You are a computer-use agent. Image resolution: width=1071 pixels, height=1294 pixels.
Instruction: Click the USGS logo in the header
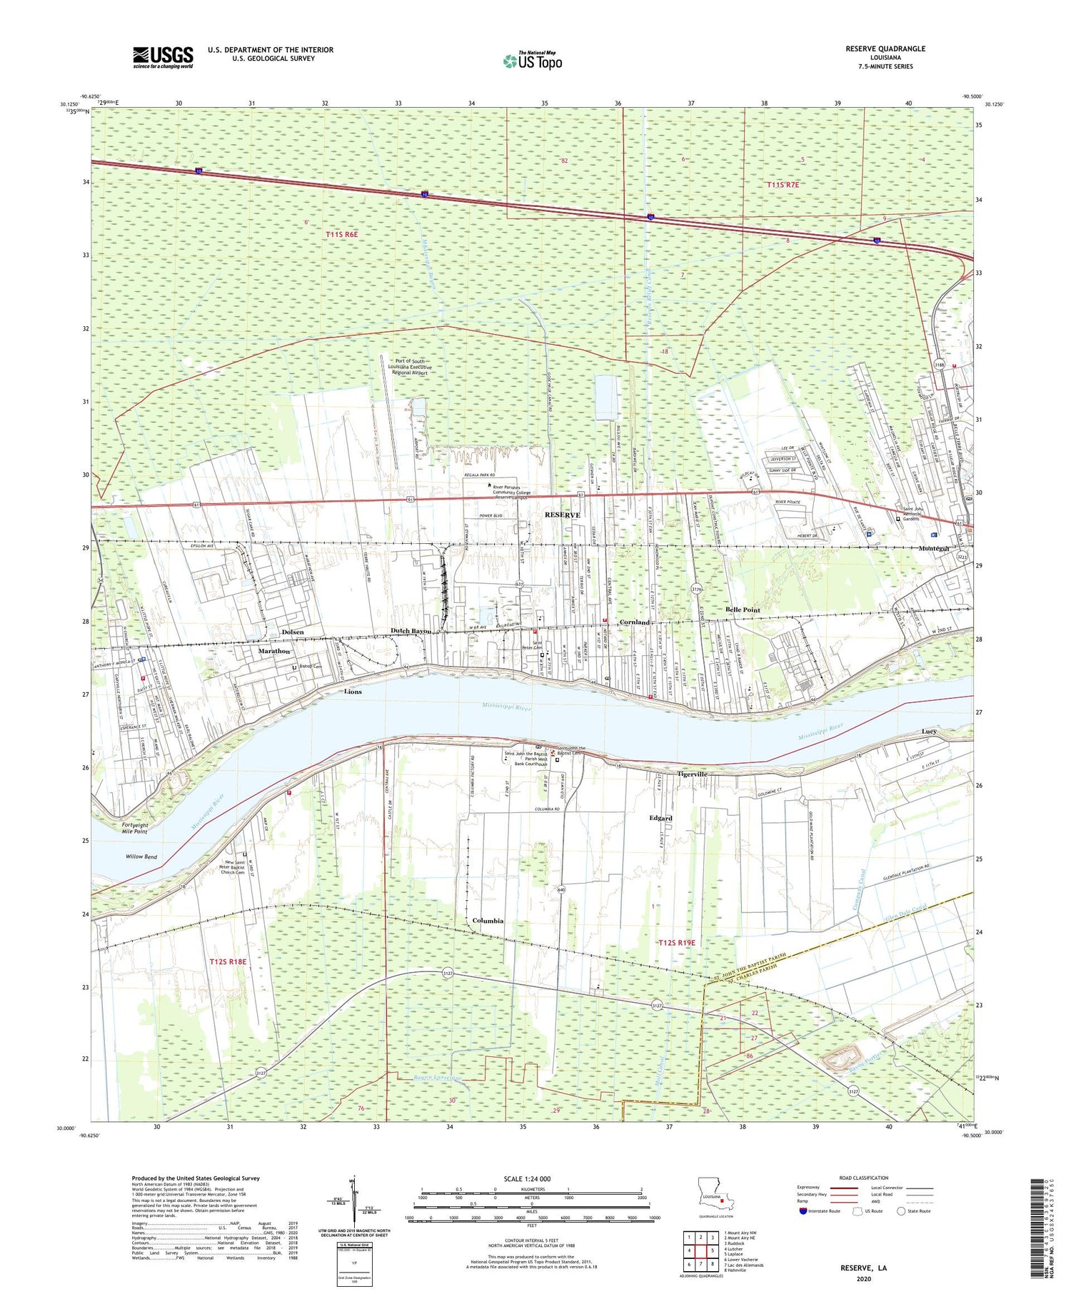pyautogui.click(x=163, y=57)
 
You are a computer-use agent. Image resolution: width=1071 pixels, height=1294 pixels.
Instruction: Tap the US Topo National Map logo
pyautogui.click(x=533, y=61)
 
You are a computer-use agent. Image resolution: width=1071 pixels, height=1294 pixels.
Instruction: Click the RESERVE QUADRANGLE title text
pyautogui.click(x=885, y=49)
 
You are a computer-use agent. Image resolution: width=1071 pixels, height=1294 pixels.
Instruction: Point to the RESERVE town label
pyautogui.click(x=563, y=515)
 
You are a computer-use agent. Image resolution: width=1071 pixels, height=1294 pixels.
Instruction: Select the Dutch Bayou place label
pyautogui.click(x=411, y=631)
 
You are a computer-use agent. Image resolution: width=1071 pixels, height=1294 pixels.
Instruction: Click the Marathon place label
pyautogui.click(x=274, y=651)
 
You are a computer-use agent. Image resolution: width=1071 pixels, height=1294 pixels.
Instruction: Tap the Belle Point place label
pyautogui.click(x=743, y=610)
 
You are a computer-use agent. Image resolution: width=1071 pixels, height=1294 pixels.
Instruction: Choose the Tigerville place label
pyautogui.click(x=692, y=774)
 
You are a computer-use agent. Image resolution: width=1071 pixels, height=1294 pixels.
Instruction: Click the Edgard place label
pyautogui.click(x=660, y=818)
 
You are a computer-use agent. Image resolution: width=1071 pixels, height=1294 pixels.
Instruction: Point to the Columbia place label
pyautogui.click(x=488, y=921)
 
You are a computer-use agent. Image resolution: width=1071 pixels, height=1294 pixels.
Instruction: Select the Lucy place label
pyautogui.click(x=929, y=732)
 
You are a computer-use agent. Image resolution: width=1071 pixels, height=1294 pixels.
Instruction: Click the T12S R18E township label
pyautogui.click(x=228, y=961)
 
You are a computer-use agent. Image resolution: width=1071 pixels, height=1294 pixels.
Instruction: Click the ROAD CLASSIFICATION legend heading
pyautogui.click(x=864, y=1178)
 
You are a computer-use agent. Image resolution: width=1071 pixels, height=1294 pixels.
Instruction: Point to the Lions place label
pyautogui.click(x=353, y=692)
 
